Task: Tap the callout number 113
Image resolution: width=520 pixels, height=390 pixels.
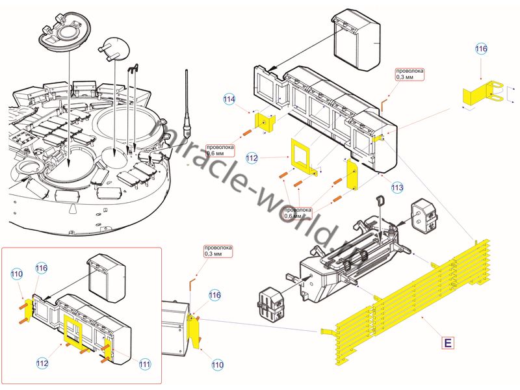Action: click(397, 187)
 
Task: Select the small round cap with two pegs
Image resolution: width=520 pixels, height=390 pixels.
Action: click(114, 48)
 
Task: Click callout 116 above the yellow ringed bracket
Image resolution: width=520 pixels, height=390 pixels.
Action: click(480, 49)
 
